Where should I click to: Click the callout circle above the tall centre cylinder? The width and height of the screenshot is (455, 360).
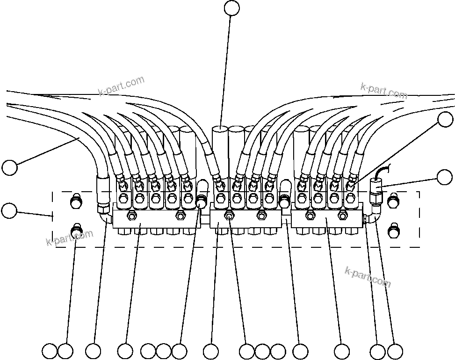231,8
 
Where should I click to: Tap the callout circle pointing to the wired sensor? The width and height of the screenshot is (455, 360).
444,177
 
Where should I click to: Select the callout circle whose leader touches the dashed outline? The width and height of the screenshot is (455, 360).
9,210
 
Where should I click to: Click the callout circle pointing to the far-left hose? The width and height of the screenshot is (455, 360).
9,167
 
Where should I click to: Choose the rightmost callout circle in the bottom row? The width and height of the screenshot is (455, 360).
395,351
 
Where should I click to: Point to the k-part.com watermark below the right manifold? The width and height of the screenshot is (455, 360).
367,277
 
